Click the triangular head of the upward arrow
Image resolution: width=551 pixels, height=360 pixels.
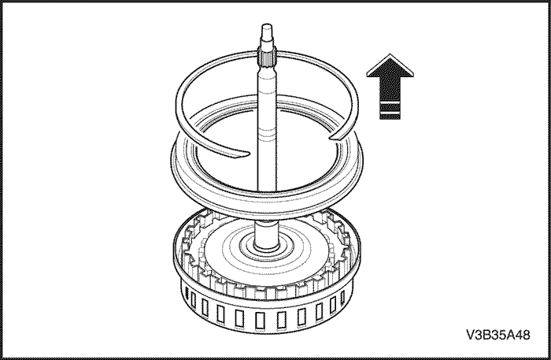pyautogui.click(x=390, y=66)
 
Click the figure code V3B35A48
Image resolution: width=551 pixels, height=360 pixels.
pyautogui.click(x=498, y=335)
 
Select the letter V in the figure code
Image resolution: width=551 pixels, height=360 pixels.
pyautogui.click(x=471, y=335)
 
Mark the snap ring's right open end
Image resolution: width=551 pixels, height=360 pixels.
pyautogui.click(x=335, y=137)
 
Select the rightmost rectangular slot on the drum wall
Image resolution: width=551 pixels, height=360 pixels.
pyautogui.click(x=343, y=298)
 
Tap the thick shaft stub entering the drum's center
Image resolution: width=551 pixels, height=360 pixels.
pyautogui.click(x=267, y=236)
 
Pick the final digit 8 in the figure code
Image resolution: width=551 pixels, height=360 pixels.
pyautogui.click(x=526, y=335)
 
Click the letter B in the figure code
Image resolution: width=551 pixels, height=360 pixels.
pyautogui.click(x=486, y=335)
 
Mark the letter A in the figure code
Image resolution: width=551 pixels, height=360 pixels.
pyautogui.click(x=510, y=335)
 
